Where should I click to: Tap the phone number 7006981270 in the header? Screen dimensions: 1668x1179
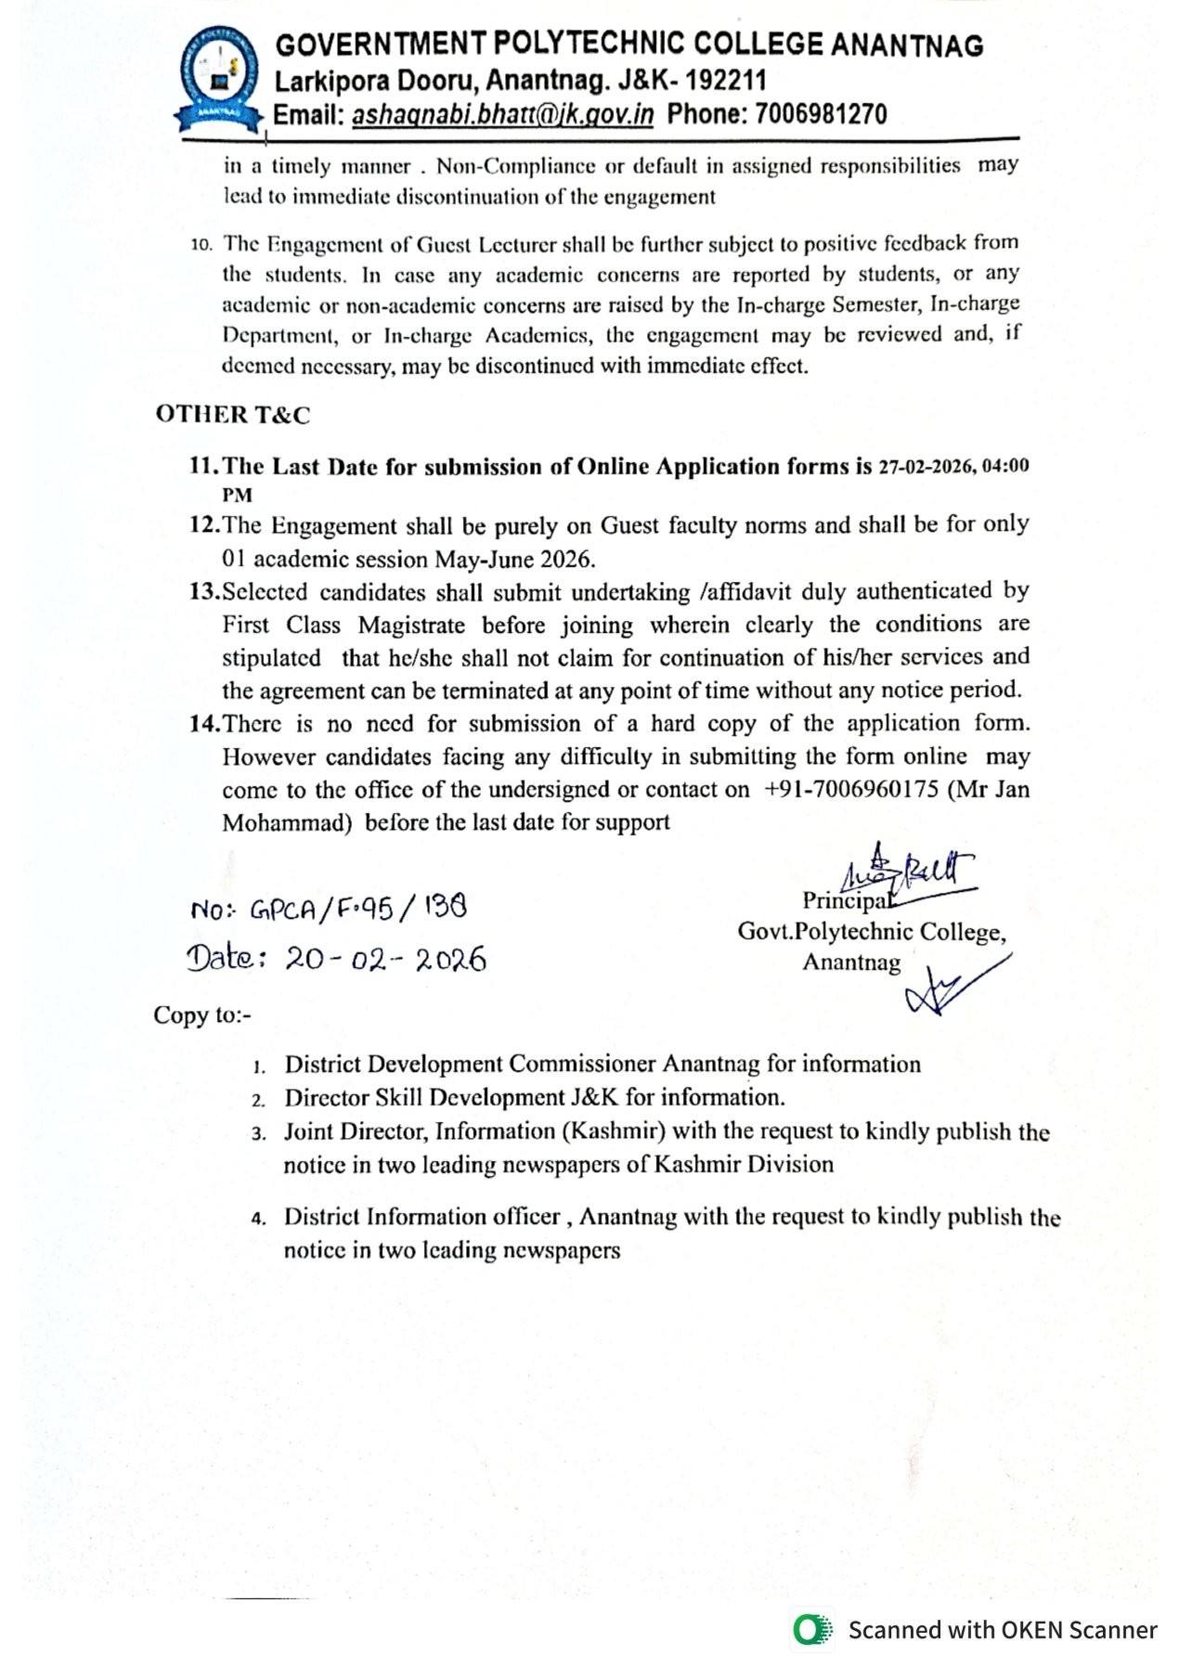tap(821, 114)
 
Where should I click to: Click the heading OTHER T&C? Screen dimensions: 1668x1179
tap(232, 415)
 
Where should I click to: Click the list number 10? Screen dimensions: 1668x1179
tap(201, 245)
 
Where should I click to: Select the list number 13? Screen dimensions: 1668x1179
tap(204, 592)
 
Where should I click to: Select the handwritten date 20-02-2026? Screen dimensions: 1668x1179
tap(385, 959)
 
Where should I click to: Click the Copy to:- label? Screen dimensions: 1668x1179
tap(202, 1015)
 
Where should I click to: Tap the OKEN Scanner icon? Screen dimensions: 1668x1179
tap(813, 1630)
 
